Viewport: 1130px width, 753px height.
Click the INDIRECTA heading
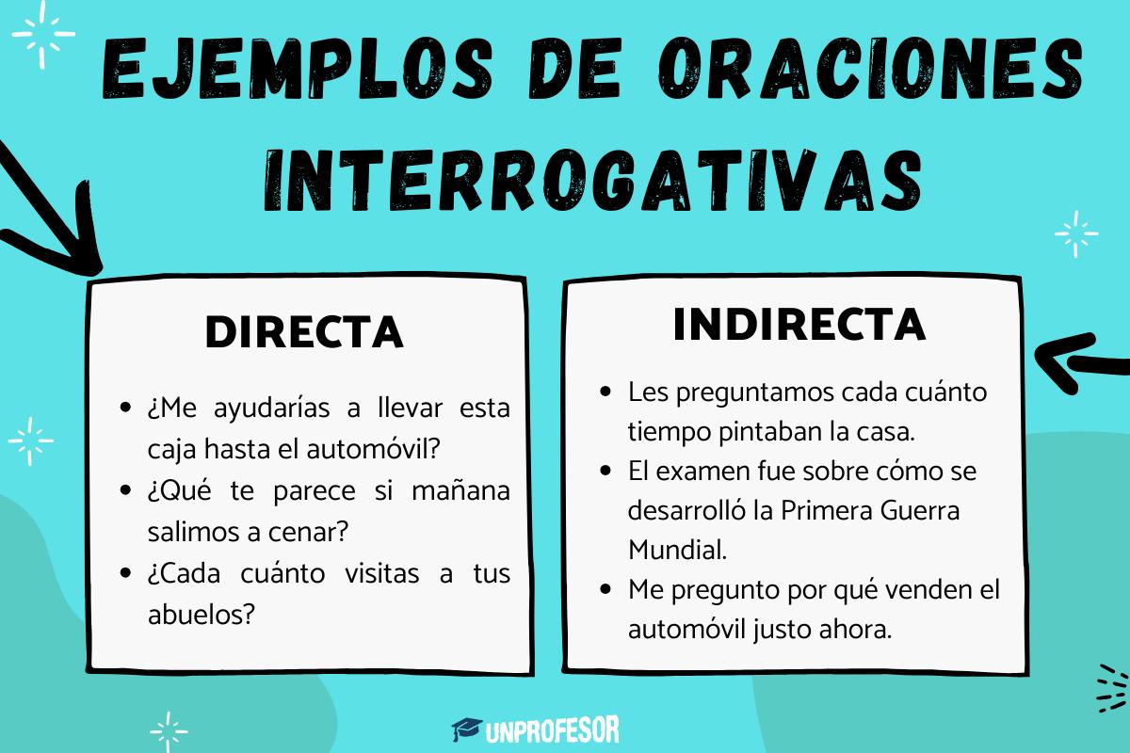pos(799,325)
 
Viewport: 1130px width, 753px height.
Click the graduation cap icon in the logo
pos(466,729)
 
